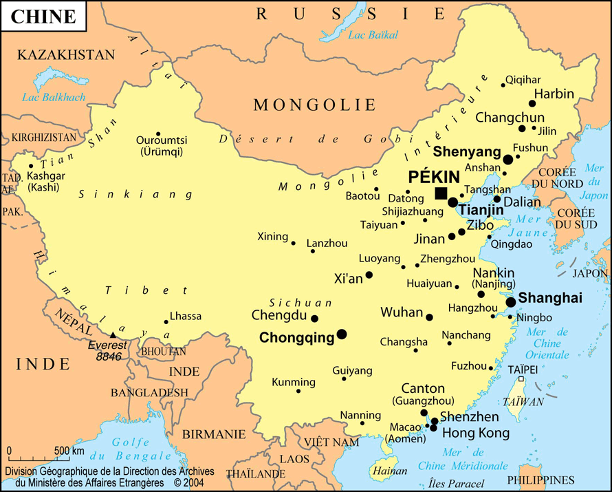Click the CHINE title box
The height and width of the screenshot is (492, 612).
coord(43,17)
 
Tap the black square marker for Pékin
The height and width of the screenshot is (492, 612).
coord(441,193)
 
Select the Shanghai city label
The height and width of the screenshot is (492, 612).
coord(550,298)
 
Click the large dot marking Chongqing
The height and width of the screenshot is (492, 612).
coord(342,334)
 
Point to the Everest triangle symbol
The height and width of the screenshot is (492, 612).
coord(113,335)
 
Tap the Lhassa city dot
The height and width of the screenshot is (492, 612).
coord(166,321)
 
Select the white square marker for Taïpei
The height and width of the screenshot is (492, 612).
coord(521,379)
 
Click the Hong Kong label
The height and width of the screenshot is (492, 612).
coord(475,433)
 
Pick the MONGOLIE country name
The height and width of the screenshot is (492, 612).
coord(315,105)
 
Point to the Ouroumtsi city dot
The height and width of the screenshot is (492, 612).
coord(158,134)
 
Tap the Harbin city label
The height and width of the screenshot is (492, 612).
coord(554,94)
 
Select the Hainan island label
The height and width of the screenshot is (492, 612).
coord(384,471)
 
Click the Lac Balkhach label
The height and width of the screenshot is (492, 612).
coord(54,97)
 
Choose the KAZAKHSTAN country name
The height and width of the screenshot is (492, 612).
coord(66,55)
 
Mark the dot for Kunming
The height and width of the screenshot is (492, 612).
coord(298,391)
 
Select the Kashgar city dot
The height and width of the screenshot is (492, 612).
coord(31,166)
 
